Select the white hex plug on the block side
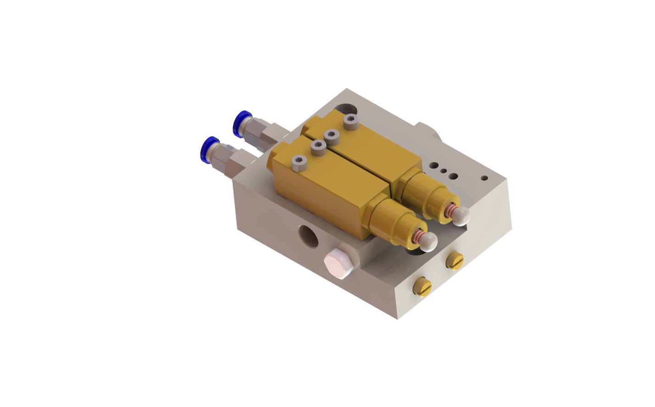(338, 264)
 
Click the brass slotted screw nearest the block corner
(422, 287)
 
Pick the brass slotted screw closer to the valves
(455, 260)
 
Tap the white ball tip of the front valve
(429, 242)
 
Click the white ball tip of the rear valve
(461, 215)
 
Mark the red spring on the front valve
(418, 236)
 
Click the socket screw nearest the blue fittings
(300, 162)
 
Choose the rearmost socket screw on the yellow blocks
(350, 122)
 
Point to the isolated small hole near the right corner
(484, 177)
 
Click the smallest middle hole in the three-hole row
(443, 171)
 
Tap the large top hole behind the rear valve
(346, 109)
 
